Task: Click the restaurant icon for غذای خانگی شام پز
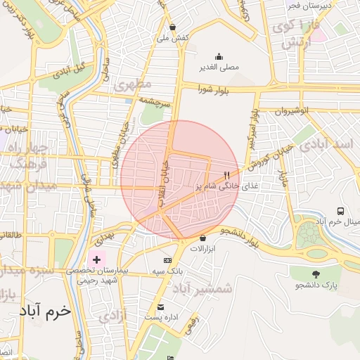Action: click(x=226, y=176)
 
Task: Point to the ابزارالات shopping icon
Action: click(x=203, y=238)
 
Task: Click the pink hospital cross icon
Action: click(x=96, y=260)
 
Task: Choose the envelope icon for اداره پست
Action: click(x=161, y=307)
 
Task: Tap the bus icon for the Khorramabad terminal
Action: click(x=340, y=211)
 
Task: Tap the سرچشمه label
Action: click(x=156, y=101)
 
